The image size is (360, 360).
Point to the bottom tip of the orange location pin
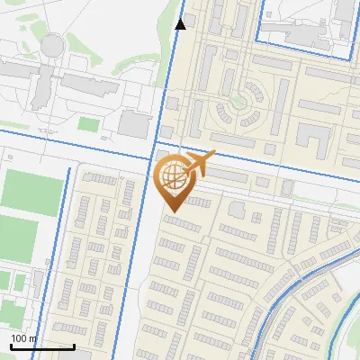click(x=171, y=211)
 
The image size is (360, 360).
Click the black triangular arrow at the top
click(x=181, y=24)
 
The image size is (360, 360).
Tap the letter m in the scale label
click(x=33, y=338)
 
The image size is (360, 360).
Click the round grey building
click(x=54, y=43)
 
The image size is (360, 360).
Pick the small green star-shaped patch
click(x=238, y=102)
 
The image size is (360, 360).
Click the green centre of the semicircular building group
click(x=238, y=102)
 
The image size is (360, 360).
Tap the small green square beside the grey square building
click(x=87, y=123)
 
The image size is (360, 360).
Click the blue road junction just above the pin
click(x=155, y=141)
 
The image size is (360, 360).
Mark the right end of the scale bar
click(x=74, y=346)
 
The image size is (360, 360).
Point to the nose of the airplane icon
click(x=213, y=157)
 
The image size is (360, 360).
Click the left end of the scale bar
click(x=10, y=346)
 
